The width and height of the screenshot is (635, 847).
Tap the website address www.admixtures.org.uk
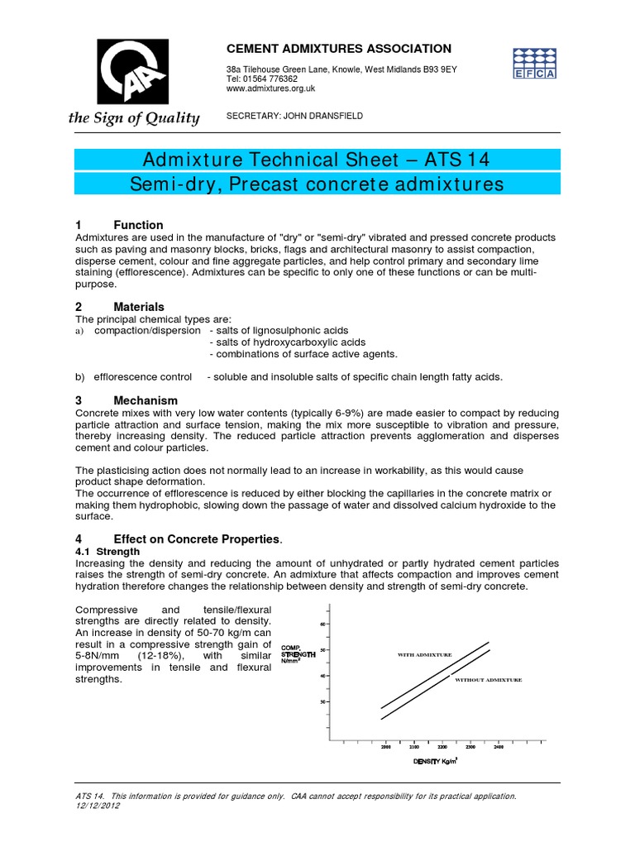[x=270, y=88]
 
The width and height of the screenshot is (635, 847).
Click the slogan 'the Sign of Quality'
[x=134, y=118]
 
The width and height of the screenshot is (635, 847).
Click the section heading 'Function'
[x=138, y=225]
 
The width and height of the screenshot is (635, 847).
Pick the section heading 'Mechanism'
[x=146, y=400]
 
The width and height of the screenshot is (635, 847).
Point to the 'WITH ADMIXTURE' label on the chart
[x=425, y=654]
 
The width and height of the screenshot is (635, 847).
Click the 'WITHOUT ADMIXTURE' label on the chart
[x=489, y=679]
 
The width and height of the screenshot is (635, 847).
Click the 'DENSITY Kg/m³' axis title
[x=436, y=761]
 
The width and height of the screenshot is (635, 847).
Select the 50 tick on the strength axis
[x=324, y=649]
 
